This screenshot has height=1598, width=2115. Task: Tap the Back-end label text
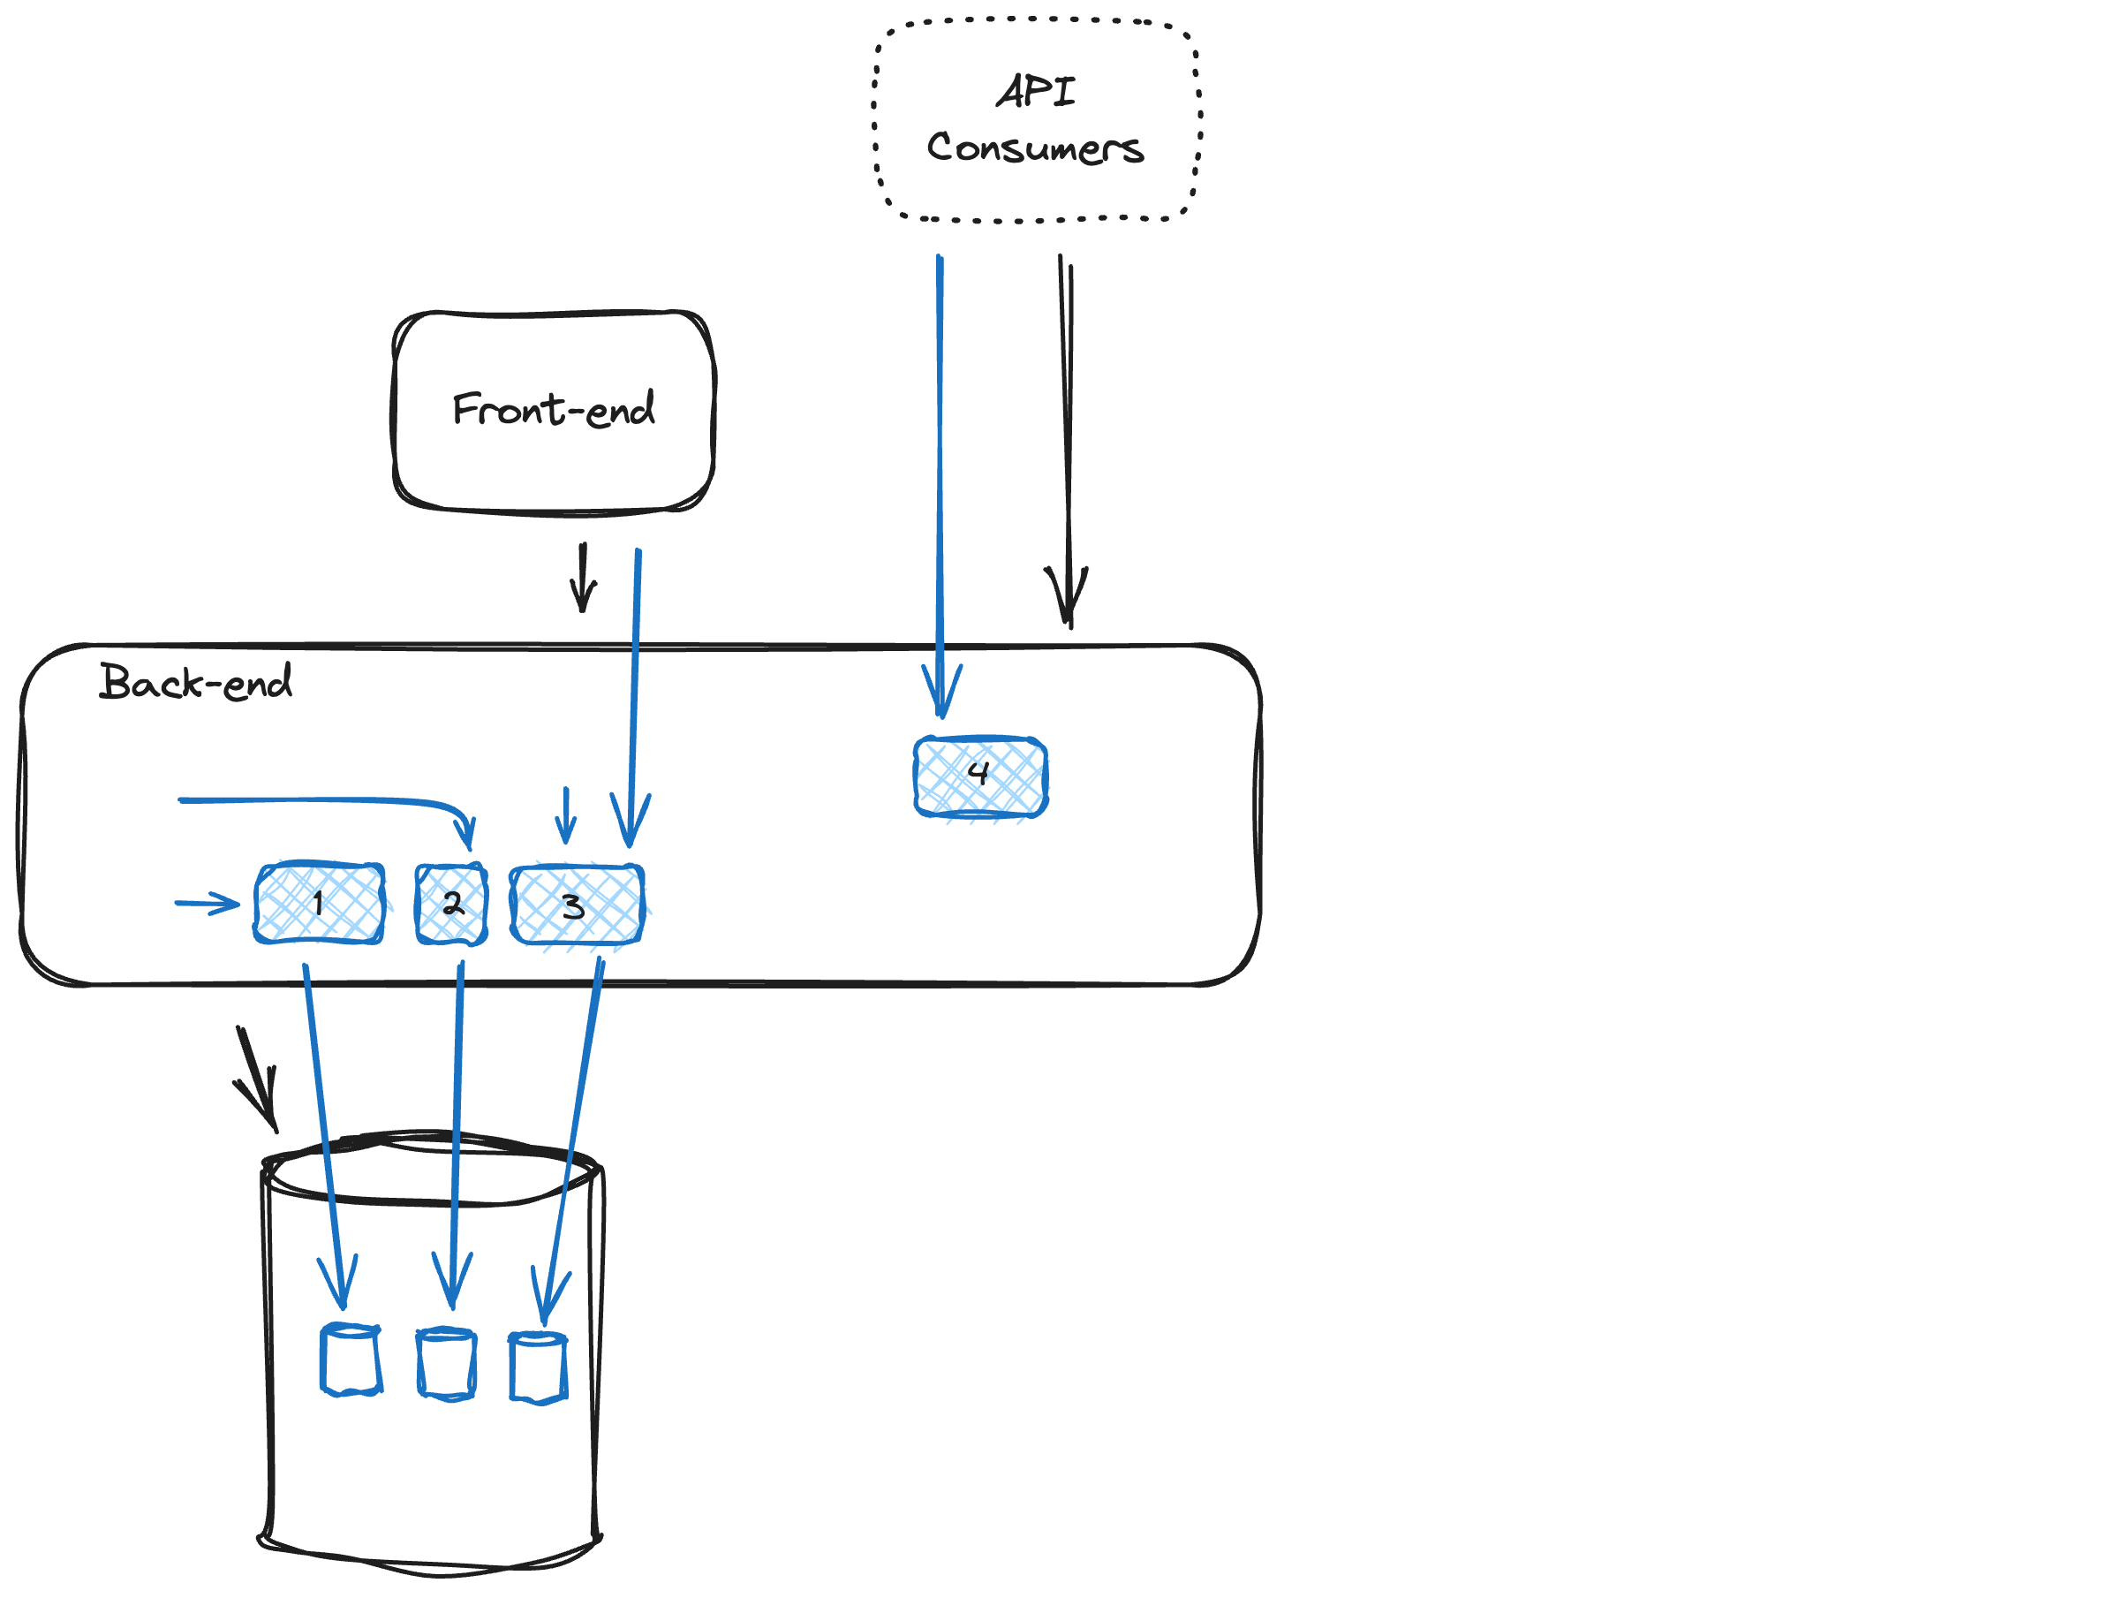point(196,682)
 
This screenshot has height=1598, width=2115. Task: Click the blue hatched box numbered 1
point(320,904)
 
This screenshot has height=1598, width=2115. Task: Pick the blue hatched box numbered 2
point(451,905)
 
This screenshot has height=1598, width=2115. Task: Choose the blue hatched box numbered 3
point(577,905)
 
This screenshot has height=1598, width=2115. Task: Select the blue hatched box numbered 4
point(980,776)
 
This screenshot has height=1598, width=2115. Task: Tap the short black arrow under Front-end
point(583,578)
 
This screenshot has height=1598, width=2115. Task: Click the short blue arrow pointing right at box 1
point(208,903)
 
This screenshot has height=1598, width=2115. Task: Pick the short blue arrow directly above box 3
point(567,815)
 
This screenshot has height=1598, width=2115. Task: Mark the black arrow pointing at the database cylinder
point(258,1079)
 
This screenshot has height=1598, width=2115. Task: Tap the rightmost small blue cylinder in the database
point(539,1368)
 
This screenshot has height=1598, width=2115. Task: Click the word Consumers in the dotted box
point(1036,148)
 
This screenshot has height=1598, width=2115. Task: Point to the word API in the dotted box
point(1037,91)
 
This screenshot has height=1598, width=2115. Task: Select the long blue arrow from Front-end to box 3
point(634,698)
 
